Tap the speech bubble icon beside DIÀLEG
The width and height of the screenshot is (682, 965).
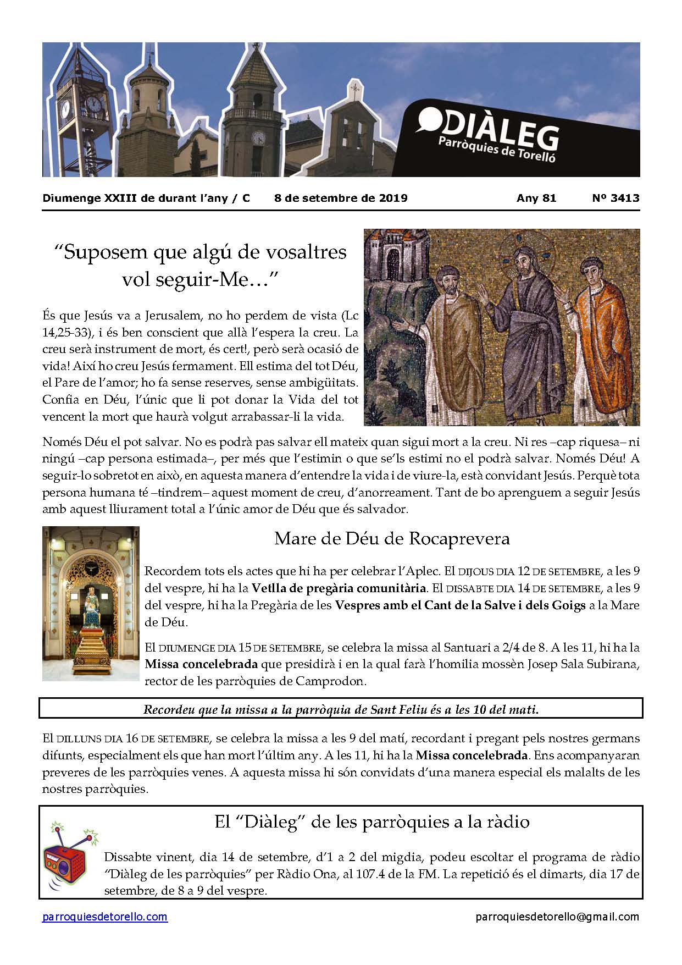(x=428, y=120)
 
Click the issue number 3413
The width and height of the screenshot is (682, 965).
(x=623, y=198)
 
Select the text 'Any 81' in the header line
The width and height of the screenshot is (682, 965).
(x=536, y=198)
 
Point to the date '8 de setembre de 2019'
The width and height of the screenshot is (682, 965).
(x=341, y=198)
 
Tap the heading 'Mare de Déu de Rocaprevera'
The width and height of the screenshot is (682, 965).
(x=392, y=538)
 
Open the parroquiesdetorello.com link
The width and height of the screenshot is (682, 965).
(x=105, y=917)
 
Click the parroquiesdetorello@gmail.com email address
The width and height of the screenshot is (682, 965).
(x=557, y=917)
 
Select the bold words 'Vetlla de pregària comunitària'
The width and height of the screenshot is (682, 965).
(x=339, y=588)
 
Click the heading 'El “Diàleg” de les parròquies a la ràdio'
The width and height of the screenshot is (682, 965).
(x=372, y=822)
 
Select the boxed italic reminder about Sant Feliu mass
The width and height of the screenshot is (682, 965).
(x=341, y=709)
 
